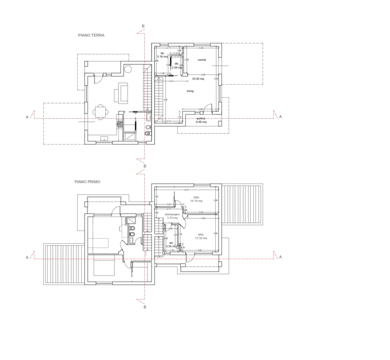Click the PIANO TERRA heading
tap(91, 35)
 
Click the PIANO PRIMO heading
tap(87, 181)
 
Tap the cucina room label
tap(201, 60)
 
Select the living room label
tap(190, 91)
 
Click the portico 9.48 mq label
tap(201, 120)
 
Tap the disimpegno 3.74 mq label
tap(172, 216)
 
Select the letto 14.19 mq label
tap(196, 199)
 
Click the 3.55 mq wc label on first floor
tap(171, 245)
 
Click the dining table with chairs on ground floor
tap(101, 112)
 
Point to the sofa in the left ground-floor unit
tap(123, 92)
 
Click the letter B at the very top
tap(143, 26)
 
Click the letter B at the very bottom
tap(144, 306)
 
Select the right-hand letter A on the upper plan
tap(280, 117)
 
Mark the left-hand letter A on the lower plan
tap(27, 257)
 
